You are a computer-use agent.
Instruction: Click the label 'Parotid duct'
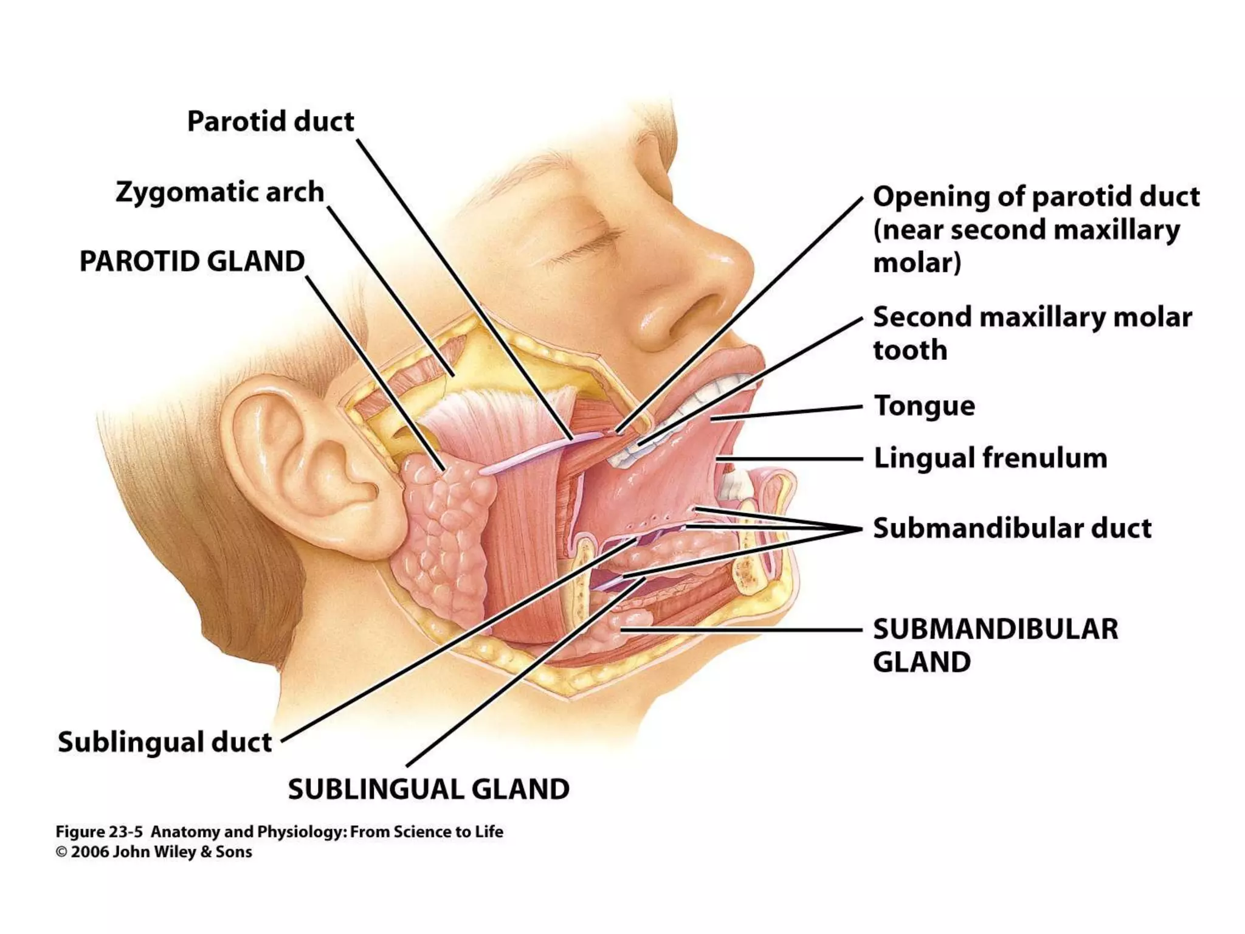click(x=270, y=122)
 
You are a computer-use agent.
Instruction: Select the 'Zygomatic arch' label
click(x=219, y=192)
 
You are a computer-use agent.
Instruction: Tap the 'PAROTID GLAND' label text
click(x=192, y=261)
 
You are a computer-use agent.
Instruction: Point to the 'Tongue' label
click(x=924, y=406)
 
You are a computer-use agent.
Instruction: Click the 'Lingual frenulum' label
click(x=990, y=458)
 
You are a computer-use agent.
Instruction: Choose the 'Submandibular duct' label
click(x=1012, y=528)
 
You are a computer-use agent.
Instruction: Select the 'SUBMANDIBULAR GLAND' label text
click(x=995, y=645)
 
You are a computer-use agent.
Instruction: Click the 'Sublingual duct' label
click(x=165, y=742)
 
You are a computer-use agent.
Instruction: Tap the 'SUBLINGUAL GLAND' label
click(x=429, y=789)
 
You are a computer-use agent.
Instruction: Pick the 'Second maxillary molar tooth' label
click(x=1032, y=333)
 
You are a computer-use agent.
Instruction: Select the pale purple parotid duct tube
click(x=529, y=453)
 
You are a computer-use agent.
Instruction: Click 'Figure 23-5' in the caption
click(x=98, y=832)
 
